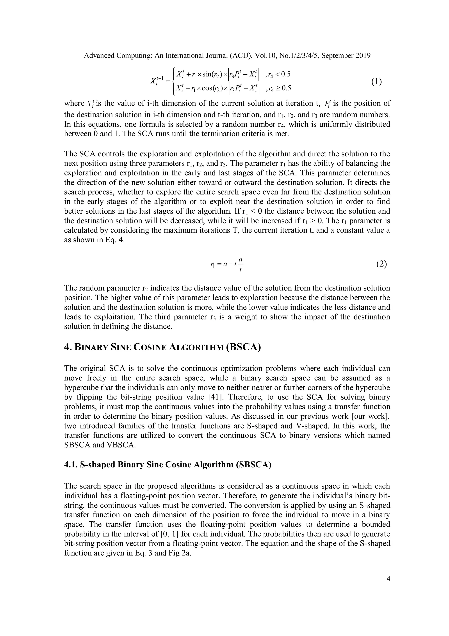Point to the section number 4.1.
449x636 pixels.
click(x=71, y=465)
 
